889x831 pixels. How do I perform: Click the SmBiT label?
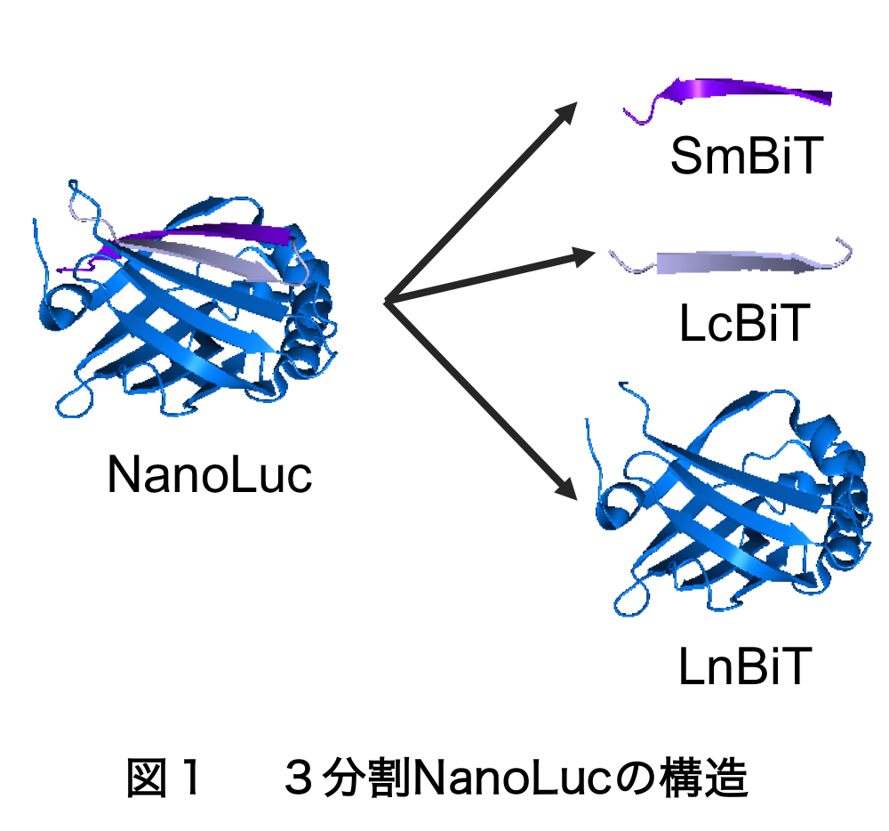coord(743,157)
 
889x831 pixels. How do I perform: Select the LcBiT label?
coord(743,324)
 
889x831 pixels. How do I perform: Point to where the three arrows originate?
coord(387,303)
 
